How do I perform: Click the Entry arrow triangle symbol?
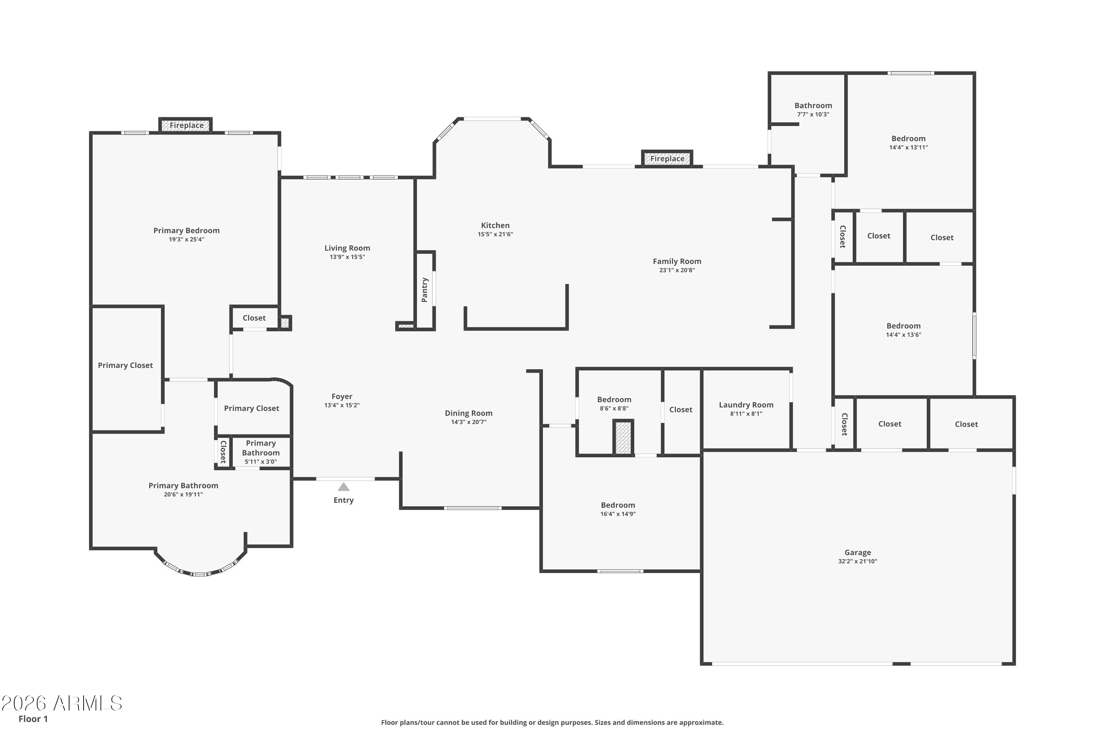click(x=343, y=487)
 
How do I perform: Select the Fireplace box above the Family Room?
click(x=667, y=159)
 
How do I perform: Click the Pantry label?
click(x=425, y=290)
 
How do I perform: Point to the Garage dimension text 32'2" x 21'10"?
click(x=857, y=561)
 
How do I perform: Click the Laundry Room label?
click(x=746, y=405)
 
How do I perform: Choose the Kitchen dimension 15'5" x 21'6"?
click(x=495, y=234)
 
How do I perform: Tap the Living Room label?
click(x=347, y=248)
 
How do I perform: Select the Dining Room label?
click(x=469, y=413)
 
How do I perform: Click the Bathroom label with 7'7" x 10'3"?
click(x=813, y=106)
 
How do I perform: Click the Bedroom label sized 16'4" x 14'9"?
click(x=618, y=505)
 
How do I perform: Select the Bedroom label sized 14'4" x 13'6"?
click(x=903, y=326)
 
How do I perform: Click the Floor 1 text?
click(x=33, y=719)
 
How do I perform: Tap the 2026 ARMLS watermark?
click(x=62, y=703)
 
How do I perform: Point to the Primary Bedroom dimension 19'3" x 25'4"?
click(x=186, y=239)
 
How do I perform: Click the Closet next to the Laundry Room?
click(x=680, y=410)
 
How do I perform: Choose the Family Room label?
click(x=677, y=261)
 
